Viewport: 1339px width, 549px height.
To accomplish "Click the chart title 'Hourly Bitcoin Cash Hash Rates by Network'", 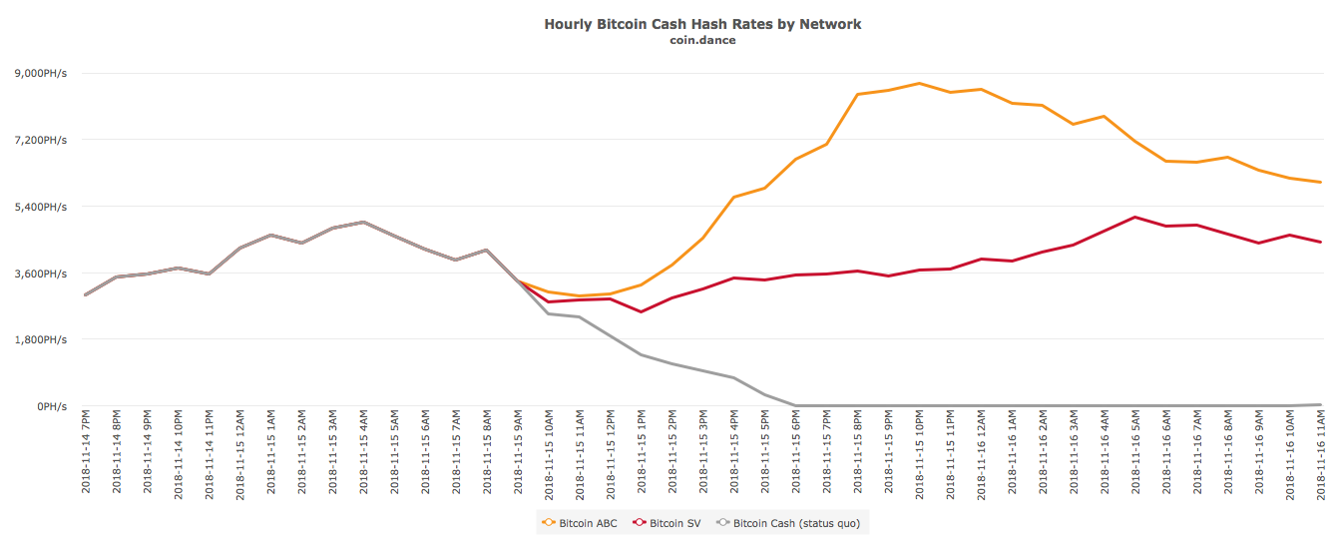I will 702,23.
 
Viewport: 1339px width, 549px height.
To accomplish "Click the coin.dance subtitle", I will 702,40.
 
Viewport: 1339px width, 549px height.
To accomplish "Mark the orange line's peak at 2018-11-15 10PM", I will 919,83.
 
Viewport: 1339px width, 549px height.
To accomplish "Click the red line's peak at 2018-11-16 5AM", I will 1135,217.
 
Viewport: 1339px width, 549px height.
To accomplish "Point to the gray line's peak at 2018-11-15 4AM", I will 363,222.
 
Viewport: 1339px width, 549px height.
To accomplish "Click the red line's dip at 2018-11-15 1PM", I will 641,311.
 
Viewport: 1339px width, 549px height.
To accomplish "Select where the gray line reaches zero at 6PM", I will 795,405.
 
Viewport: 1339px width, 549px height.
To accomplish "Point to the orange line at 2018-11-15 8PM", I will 857,94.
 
